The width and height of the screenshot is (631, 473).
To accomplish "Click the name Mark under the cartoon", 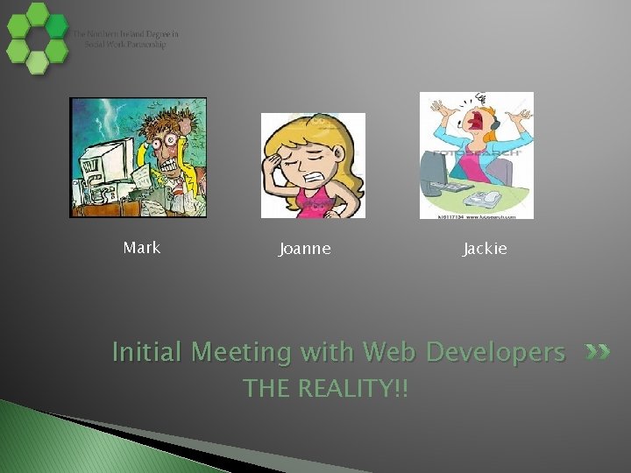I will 142,248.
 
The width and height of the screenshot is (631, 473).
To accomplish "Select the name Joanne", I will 305,249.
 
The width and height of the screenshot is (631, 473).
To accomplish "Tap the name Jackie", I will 485,249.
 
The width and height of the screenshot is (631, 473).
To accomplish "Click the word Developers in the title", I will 495,352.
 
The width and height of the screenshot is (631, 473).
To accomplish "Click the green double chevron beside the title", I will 597,352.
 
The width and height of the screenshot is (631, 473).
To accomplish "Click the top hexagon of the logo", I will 37,13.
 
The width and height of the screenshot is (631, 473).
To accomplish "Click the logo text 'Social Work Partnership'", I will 125,45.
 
